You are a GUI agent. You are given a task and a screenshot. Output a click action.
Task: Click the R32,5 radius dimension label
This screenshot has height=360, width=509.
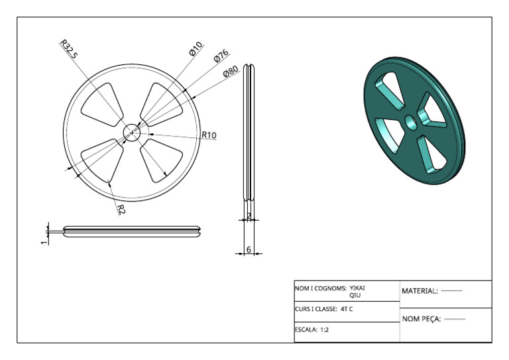click(69, 49)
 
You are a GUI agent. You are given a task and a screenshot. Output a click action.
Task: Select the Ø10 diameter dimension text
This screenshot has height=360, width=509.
click(196, 48)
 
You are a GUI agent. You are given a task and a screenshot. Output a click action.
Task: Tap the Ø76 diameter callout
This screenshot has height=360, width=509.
click(221, 56)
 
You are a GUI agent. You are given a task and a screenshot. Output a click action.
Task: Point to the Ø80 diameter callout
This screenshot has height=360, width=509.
click(231, 71)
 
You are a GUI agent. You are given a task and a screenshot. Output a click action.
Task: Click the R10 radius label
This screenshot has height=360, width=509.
click(209, 135)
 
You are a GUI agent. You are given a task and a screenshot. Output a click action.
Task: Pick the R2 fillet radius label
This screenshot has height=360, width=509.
click(121, 210)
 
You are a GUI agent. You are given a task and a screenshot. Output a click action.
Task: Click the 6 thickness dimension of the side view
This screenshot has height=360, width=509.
click(249, 250)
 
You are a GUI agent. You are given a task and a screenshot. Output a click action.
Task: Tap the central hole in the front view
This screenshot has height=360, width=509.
click(131, 133)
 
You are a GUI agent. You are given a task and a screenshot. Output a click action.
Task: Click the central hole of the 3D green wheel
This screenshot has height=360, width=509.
click(412, 123)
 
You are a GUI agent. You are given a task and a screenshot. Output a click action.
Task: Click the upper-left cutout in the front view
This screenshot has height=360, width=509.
click(102, 105)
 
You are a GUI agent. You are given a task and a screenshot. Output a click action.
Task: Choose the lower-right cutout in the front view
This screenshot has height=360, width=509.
click(161, 160)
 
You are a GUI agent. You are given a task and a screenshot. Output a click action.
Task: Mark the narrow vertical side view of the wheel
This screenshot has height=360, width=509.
click(249, 133)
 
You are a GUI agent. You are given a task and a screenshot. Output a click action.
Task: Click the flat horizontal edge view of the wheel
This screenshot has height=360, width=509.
click(132, 231)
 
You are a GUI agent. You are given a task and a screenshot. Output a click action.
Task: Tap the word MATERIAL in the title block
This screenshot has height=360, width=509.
click(420, 291)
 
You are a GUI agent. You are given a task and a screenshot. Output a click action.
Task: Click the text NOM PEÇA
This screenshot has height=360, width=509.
click(422, 319)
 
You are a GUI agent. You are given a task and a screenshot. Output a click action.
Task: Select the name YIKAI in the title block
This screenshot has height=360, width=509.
click(357, 288)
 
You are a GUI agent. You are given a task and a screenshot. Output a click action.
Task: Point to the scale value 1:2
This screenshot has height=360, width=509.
click(324, 330)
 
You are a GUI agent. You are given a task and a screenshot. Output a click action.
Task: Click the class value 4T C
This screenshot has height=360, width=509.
click(347, 309)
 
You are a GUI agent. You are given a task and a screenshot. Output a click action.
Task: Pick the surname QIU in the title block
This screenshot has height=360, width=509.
click(355, 296)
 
